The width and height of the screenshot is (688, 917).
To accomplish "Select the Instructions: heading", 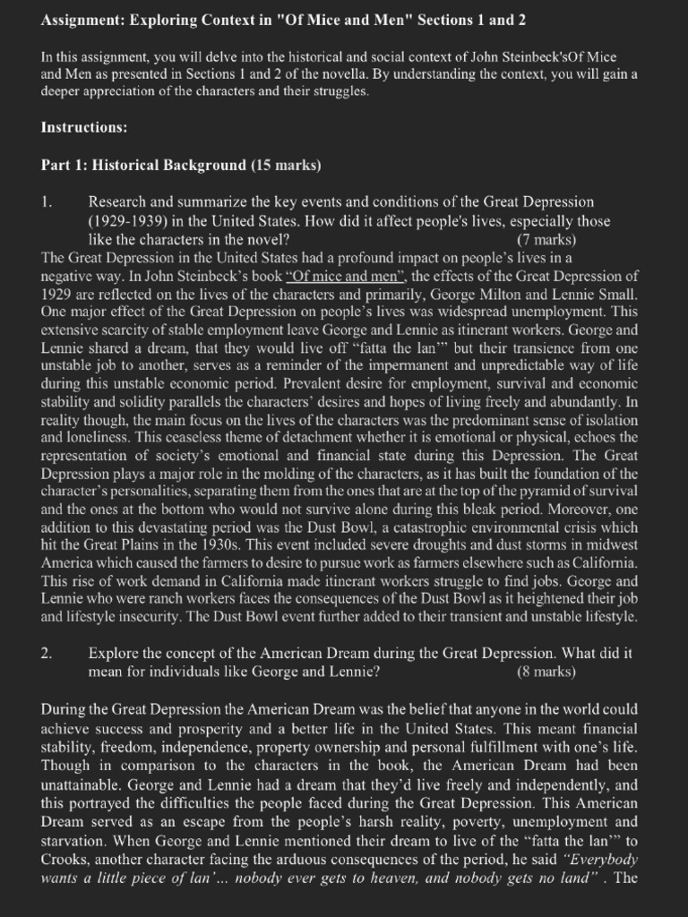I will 84,127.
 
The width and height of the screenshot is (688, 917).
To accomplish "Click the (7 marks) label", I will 546,239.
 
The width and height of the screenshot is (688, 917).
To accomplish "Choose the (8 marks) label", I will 546,671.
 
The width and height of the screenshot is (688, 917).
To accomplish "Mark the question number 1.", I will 47,202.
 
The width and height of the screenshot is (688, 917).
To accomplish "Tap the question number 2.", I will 47,653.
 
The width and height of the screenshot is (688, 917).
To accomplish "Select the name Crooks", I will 64,859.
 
